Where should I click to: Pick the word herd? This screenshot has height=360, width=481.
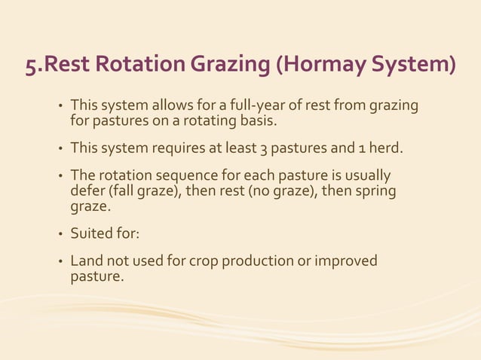384,148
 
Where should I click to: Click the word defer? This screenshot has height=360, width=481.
85,191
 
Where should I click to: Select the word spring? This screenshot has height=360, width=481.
375,191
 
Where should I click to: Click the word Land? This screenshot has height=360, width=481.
85,261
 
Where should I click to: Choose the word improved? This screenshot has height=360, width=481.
347,261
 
